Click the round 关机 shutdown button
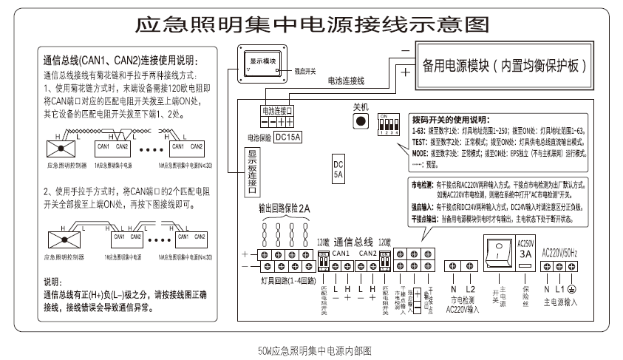[361, 121]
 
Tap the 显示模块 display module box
[262, 64]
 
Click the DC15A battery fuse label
[287, 137]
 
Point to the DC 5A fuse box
[338, 170]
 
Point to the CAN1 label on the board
[341, 253]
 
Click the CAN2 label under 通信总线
[367, 253]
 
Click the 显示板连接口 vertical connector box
[252, 171]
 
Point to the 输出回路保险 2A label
[284, 210]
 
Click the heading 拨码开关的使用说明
[450, 120]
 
